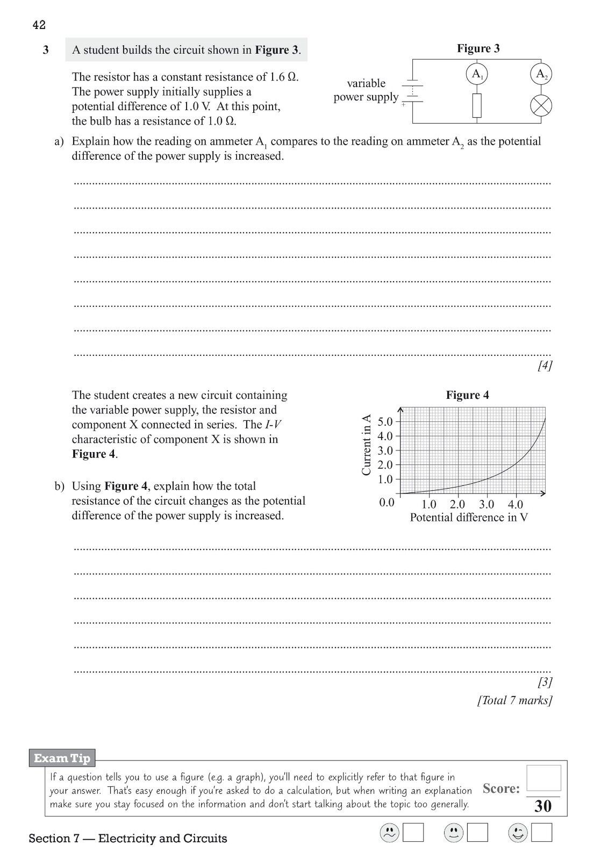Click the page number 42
click(x=39, y=25)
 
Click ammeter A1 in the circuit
click(x=477, y=74)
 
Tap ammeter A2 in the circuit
click(x=541, y=74)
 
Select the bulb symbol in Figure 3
click(x=541, y=106)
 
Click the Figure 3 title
click(x=478, y=48)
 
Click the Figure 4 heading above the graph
click(x=467, y=395)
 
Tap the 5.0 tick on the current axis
click(x=385, y=421)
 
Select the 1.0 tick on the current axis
click(x=385, y=479)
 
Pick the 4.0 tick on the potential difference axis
click(x=515, y=504)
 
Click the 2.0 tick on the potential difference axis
click(x=457, y=504)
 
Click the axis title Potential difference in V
click(x=469, y=517)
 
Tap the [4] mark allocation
click(x=545, y=366)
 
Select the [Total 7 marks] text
click(x=514, y=700)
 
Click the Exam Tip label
click(x=62, y=758)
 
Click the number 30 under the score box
click(x=543, y=806)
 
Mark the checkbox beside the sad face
click(x=413, y=833)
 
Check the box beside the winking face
click(x=541, y=833)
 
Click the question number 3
click(x=46, y=50)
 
